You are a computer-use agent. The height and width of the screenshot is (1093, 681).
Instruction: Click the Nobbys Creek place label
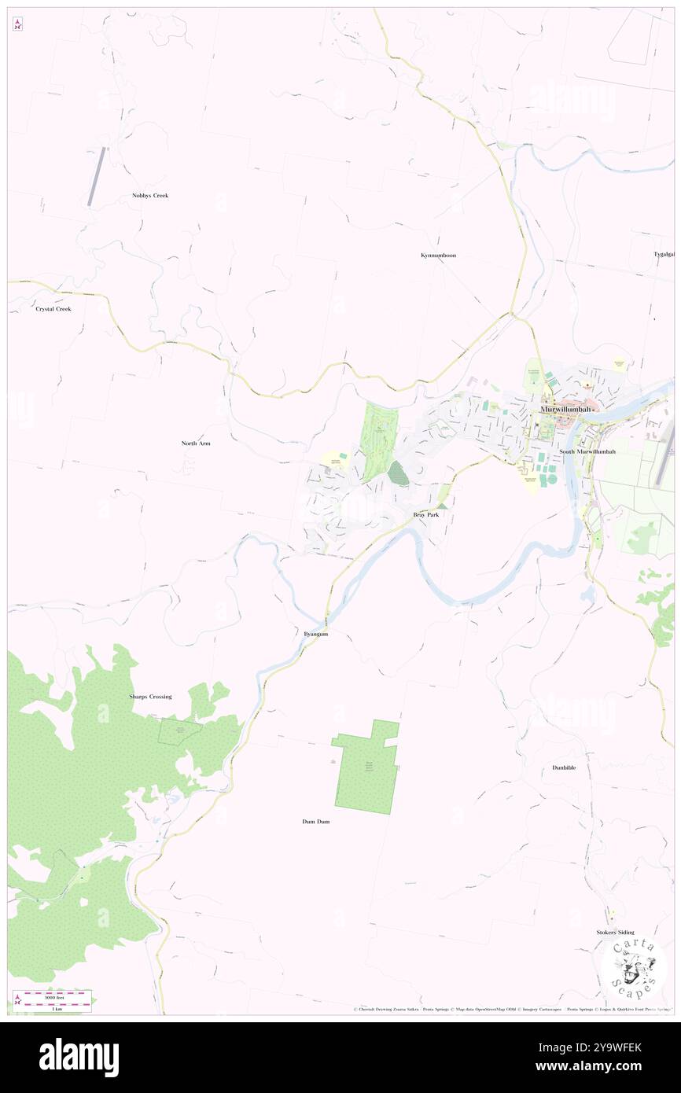[x=150, y=195]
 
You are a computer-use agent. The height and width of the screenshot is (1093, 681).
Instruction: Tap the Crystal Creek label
[x=53, y=309]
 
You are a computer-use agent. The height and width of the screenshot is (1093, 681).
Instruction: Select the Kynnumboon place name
[x=438, y=256]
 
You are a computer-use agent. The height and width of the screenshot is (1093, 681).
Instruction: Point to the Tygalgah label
[x=664, y=254]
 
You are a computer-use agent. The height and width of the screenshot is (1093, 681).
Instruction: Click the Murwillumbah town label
[x=565, y=410]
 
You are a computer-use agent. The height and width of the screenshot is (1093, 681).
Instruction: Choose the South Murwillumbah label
[x=587, y=452]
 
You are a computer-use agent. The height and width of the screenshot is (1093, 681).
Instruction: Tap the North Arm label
[x=196, y=443]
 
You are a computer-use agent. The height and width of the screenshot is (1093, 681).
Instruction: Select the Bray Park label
[x=426, y=514]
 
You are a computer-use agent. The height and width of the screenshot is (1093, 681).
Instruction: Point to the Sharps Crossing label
[x=150, y=697]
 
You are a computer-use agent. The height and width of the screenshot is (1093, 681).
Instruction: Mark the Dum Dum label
[x=316, y=822]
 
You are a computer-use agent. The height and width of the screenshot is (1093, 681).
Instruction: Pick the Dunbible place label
[x=564, y=767]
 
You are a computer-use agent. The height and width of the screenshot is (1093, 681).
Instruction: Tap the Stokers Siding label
[x=616, y=932]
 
